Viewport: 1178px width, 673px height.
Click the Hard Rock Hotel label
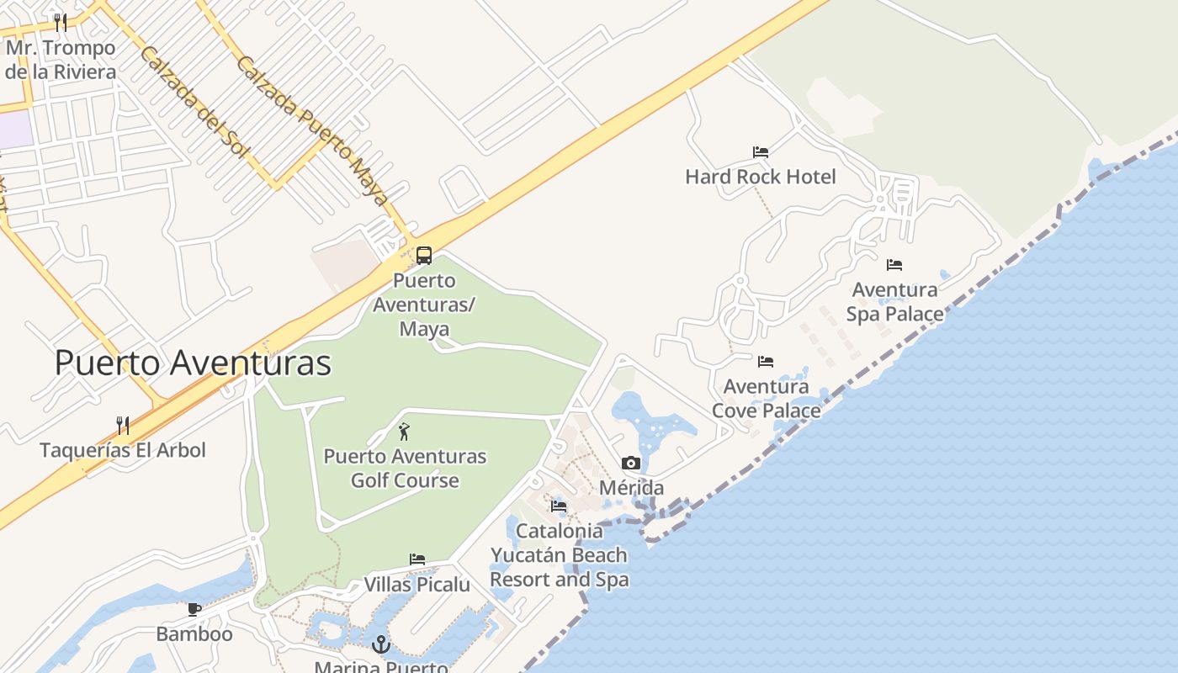760,177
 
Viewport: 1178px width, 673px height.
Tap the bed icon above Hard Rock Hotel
761,152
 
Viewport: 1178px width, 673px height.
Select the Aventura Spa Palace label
894,302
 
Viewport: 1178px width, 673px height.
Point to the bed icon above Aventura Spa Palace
894,265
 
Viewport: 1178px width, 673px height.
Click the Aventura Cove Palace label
766,399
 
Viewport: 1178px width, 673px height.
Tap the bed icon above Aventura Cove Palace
766,362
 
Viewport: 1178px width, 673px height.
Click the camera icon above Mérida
631,463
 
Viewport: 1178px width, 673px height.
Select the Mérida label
631,488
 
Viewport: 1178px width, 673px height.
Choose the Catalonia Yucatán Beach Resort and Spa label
559,555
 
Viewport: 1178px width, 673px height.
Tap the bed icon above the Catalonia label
559,506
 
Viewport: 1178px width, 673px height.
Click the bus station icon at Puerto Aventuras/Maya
424,255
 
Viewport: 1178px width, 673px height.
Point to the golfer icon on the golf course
404,432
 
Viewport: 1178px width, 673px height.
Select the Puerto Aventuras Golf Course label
405,469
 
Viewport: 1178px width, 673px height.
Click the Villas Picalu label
417,585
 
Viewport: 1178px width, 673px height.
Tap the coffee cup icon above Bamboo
194,609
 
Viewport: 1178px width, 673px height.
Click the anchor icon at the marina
381,645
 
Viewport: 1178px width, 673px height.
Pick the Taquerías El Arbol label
123,450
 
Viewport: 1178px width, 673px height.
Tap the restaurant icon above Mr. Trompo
60,22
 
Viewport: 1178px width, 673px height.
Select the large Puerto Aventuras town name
193,363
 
